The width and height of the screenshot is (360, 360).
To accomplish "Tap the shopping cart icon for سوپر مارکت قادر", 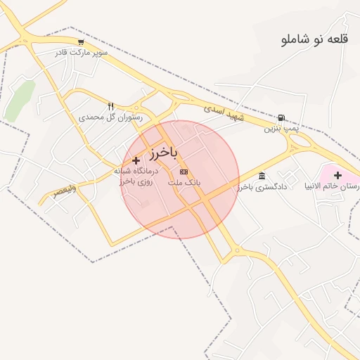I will (82, 41).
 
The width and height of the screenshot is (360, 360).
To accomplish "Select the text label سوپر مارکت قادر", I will (82, 52).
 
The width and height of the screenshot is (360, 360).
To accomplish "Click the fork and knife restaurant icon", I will (111, 106).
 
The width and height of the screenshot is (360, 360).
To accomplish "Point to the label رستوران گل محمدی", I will (111, 117).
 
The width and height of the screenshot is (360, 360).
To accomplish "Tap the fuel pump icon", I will (282, 118).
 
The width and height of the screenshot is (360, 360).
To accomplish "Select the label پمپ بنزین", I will (281, 129).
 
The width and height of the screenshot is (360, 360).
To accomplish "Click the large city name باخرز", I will (164, 153).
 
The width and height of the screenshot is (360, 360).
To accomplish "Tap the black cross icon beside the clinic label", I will (136, 160).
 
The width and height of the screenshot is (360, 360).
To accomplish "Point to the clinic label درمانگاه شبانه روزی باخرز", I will (137, 176).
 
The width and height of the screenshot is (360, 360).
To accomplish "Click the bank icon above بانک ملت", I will (184, 172).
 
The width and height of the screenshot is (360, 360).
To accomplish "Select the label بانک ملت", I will (184, 182).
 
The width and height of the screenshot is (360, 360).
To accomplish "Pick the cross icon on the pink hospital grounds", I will (337, 175).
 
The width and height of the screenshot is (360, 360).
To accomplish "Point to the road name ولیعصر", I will (63, 191).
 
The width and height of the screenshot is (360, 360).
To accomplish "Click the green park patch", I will (19, 101).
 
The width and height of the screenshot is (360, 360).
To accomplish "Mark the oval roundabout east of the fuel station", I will (300, 141).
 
